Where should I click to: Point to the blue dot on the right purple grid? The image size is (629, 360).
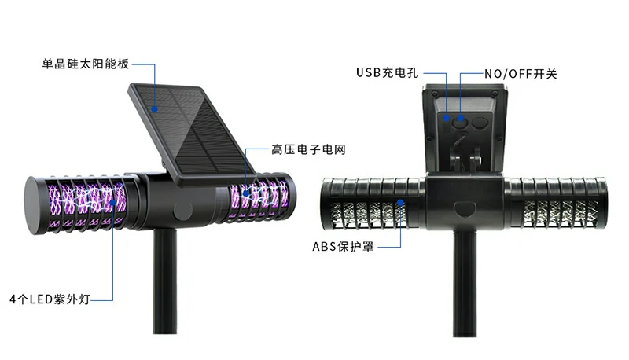point(245,190)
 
